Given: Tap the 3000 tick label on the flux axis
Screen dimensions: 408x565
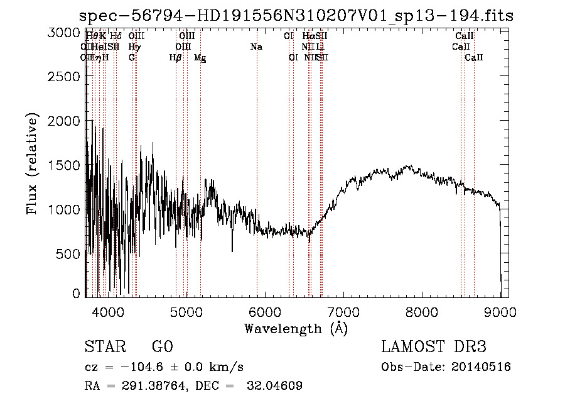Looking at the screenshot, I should [x=65, y=33].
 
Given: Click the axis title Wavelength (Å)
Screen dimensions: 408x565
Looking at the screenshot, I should [x=296, y=328].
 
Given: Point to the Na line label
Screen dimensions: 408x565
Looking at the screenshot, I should [x=256, y=47].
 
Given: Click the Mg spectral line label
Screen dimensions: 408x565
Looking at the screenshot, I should [x=200, y=58].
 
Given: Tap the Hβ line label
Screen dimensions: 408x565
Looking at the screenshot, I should [x=176, y=58].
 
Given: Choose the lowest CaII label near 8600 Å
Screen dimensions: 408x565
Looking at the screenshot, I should [x=474, y=58].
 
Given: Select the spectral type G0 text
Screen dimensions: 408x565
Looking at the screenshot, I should [x=162, y=347].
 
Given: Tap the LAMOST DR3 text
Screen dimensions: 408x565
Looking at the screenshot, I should [x=434, y=347].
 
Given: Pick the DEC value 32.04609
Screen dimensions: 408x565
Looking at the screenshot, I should [x=273, y=385].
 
